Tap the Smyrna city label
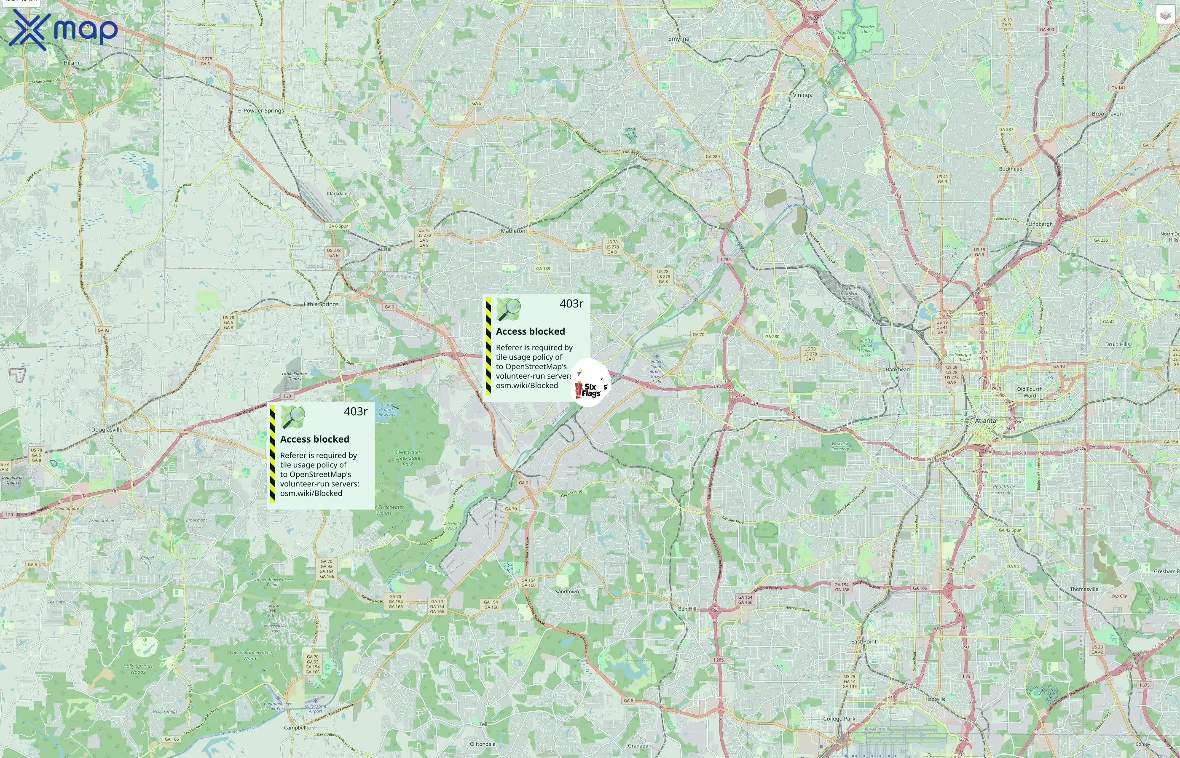678,39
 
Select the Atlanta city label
985,421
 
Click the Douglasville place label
107,430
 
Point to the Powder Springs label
263,111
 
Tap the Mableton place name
513,231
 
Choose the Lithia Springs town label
321,304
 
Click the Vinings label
802,95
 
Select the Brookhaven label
1107,114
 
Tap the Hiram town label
71,63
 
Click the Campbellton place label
299,728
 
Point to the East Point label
864,641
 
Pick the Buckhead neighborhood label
1011,169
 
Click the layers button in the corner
1165,15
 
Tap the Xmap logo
62,29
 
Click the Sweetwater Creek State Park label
408,458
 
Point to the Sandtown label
567,592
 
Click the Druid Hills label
1118,344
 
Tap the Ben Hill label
687,609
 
